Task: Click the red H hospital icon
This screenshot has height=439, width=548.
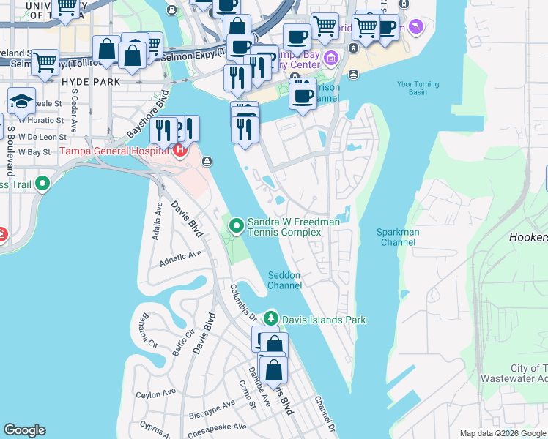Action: [x=180, y=151]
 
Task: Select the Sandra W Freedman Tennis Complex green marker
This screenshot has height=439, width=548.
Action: [x=236, y=226]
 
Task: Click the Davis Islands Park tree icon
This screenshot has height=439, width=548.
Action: [x=271, y=319]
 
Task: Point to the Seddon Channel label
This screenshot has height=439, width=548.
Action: [x=284, y=279]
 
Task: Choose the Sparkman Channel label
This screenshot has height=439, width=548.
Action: [x=398, y=237]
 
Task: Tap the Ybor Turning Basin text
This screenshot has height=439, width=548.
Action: [x=418, y=89]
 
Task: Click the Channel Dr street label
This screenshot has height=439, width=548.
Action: [x=325, y=413]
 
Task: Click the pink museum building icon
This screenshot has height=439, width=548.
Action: [x=330, y=58]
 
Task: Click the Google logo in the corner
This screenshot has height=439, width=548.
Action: [x=24, y=430]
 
